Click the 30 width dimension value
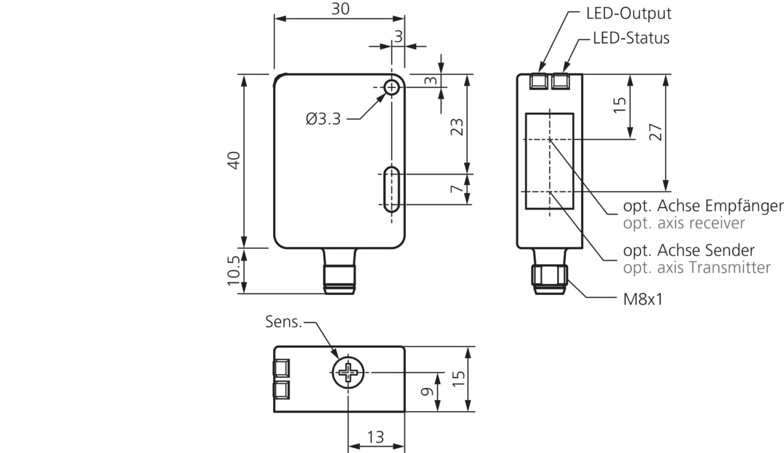340,9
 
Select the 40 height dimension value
233,160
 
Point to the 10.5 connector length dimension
233,271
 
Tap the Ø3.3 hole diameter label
323,119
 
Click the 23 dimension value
456,126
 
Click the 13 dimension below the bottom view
375,437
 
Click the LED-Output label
628,13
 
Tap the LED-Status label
631,38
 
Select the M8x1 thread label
641,299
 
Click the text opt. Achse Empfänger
703,206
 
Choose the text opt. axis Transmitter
697,268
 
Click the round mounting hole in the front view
391,87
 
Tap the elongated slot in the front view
391,189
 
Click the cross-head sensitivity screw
349,373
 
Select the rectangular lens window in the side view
549,161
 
